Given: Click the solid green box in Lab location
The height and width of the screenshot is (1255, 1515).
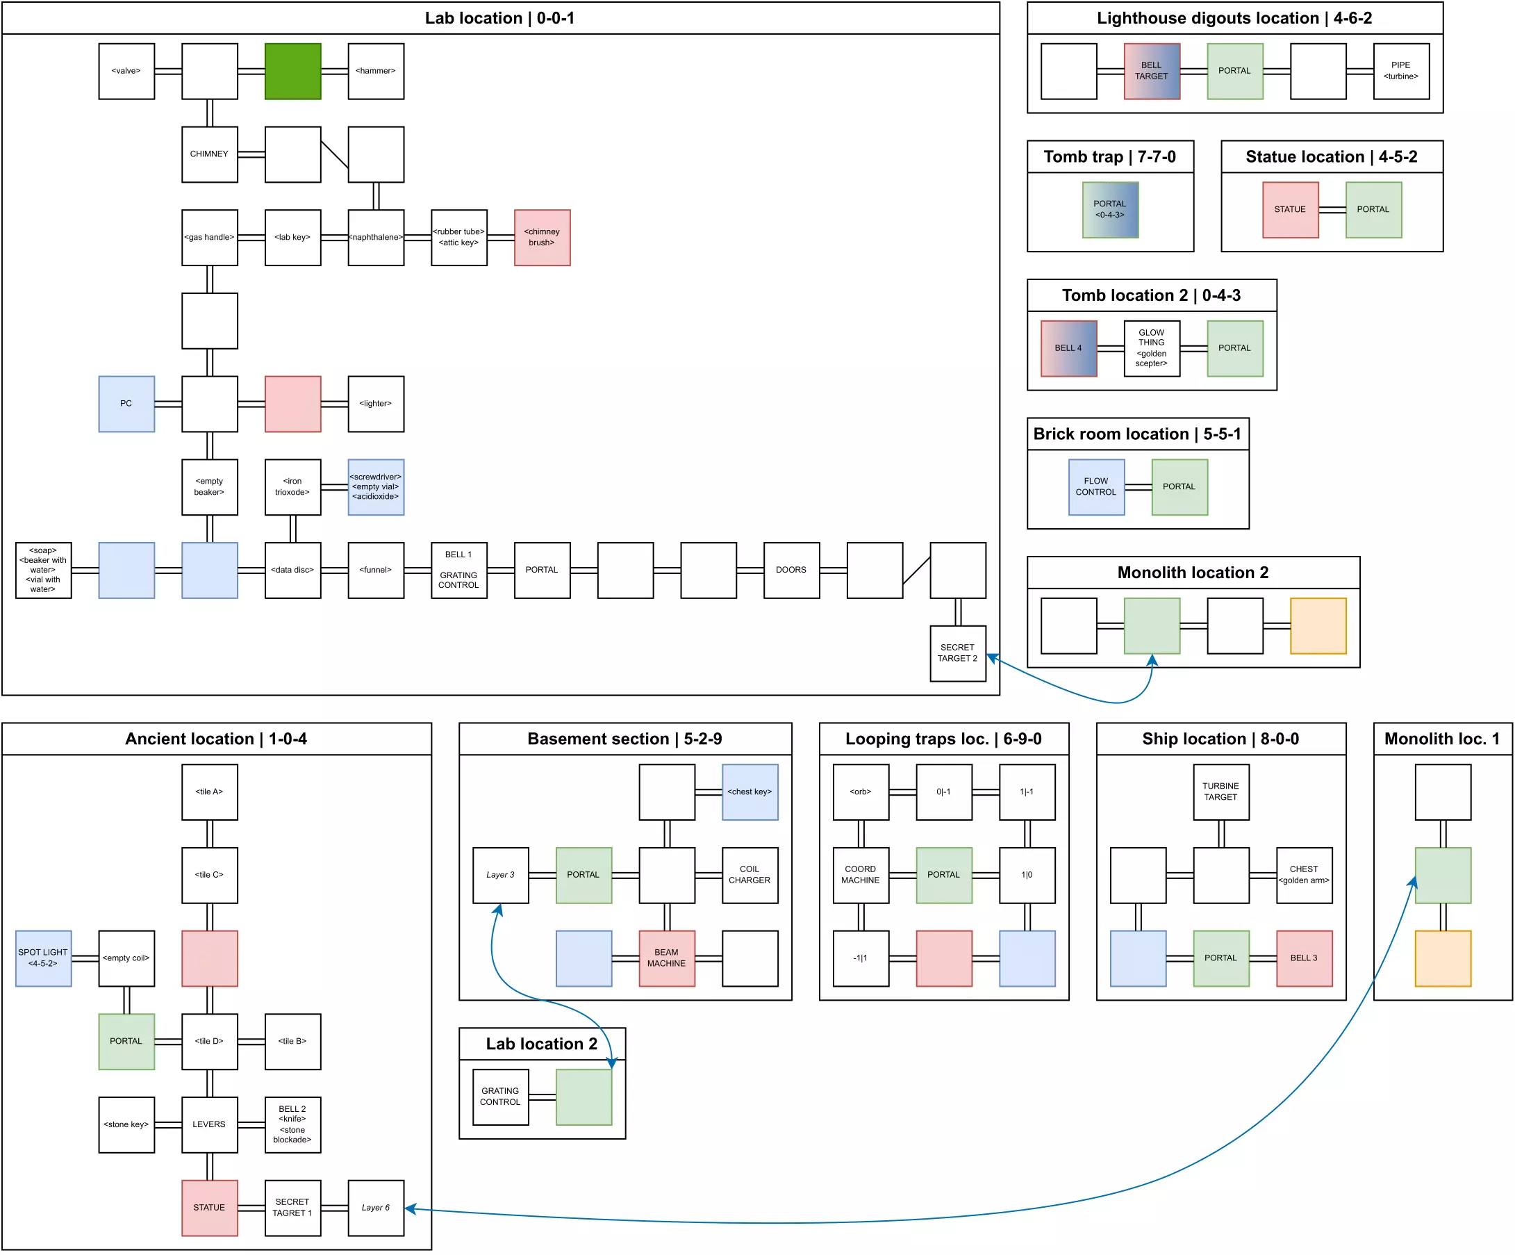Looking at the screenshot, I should tap(292, 71).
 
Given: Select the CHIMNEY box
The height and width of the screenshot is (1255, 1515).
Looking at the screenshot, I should tap(209, 154).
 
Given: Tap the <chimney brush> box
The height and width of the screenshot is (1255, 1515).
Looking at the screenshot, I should tap(542, 238).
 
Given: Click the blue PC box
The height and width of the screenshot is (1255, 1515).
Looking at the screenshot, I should tap(126, 404).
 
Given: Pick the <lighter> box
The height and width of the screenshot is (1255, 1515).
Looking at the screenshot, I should tap(376, 404).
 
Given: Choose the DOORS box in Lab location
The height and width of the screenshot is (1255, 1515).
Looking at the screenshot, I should tap(791, 570).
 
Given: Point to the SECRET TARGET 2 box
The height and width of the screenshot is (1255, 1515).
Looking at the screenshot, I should tap(957, 653).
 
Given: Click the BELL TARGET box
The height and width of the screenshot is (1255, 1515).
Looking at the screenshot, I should tap(1152, 71).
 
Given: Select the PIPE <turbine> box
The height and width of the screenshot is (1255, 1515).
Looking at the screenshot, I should tap(1401, 71).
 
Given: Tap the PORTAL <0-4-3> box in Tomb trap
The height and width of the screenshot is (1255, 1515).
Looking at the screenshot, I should tap(1109, 209).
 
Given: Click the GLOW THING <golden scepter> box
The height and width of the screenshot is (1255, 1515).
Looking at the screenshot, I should tap(1152, 348).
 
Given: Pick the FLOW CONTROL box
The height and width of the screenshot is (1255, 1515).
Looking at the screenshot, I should tap(1096, 486).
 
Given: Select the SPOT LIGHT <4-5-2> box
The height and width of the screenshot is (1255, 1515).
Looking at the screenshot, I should tap(43, 958).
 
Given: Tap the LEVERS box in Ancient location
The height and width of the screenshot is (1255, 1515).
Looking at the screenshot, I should tap(209, 1124).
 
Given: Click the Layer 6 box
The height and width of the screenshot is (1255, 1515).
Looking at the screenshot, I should tap(376, 1207).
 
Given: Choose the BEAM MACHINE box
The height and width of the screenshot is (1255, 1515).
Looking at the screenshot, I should tap(667, 958).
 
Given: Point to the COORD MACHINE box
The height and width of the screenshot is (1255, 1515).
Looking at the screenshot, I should tap(861, 875).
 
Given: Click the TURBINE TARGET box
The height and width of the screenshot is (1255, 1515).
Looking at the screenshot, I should tap(1220, 791).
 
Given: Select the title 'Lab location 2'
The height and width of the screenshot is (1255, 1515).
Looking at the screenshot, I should tap(542, 1044).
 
